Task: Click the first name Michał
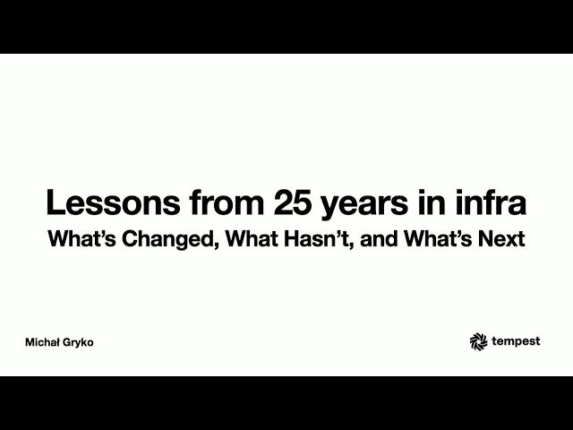tap(43, 342)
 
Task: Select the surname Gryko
tap(79, 343)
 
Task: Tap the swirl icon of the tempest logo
tap(477, 340)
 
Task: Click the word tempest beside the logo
tap(515, 341)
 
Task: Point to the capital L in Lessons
tap(55, 203)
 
